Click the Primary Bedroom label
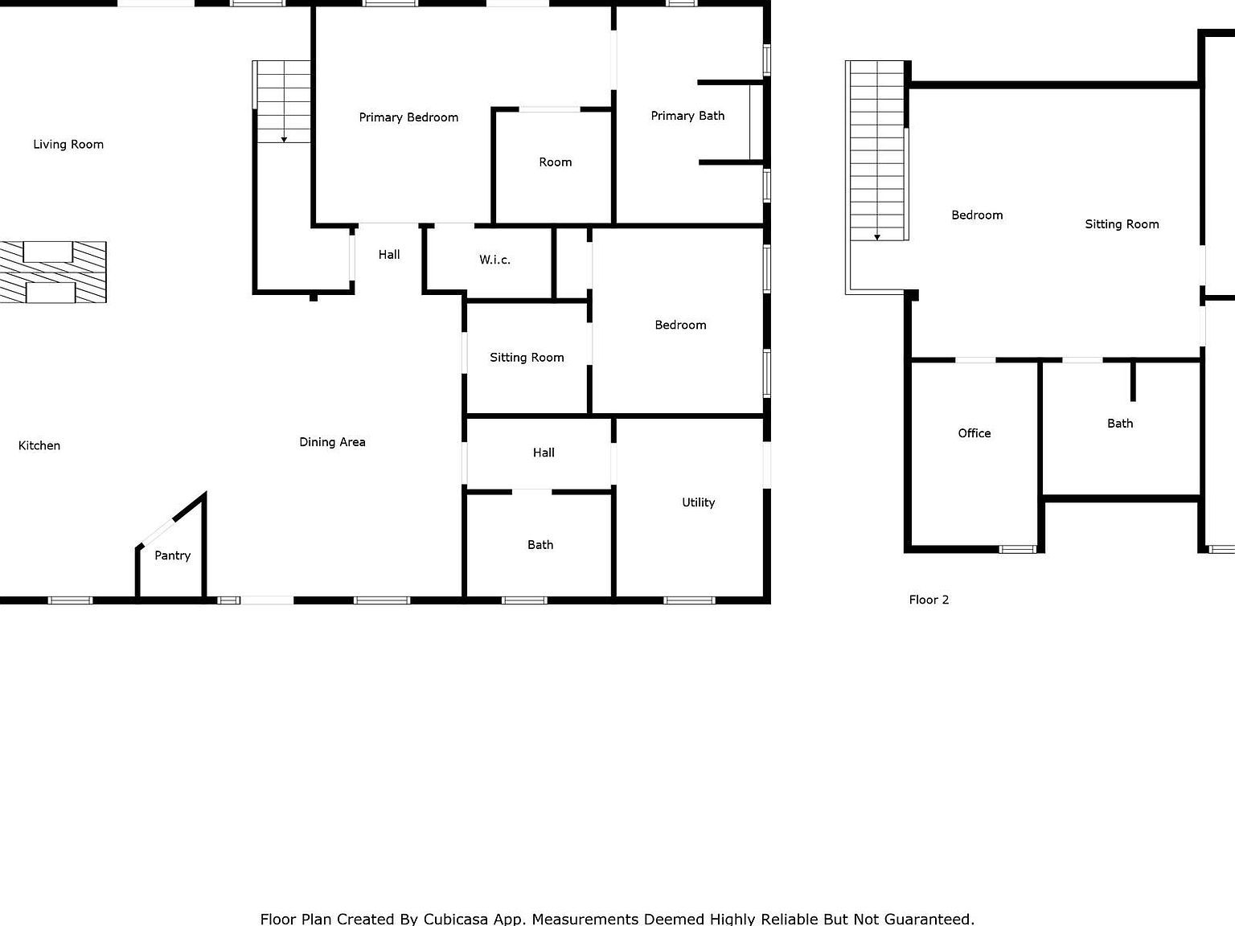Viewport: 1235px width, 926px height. tap(408, 117)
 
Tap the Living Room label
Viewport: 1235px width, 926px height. tap(68, 145)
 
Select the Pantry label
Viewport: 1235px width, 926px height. tap(172, 555)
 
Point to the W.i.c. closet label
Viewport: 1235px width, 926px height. tap(494, 260)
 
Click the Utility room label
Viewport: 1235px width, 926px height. tap(698, 502)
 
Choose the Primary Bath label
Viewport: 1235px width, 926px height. tap(687, 116)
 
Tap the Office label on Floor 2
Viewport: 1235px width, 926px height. tap(974, 433)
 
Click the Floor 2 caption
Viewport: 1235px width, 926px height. tap(929, 600)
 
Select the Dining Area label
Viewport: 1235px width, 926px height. tap(332, 442)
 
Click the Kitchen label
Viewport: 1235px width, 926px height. tap(39, 445)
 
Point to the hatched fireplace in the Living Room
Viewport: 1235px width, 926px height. tap(52, 272)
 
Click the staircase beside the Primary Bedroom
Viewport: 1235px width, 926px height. tap(282, 102)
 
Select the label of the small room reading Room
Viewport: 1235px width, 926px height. tap(555, 162)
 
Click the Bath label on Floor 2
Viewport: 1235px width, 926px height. tap(1119, 424)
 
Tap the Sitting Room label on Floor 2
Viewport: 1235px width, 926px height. tap(1122, 224)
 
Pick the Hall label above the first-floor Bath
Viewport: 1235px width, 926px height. tap(544, 453)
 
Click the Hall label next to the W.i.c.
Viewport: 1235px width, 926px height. tap(389, 255)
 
